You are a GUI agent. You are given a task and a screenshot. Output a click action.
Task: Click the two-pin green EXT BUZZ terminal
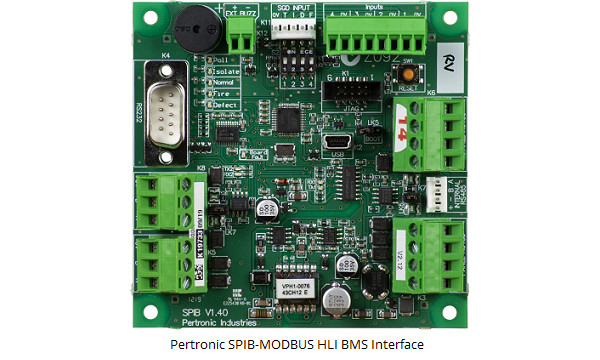pyautogui.click(x=239, y=39)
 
